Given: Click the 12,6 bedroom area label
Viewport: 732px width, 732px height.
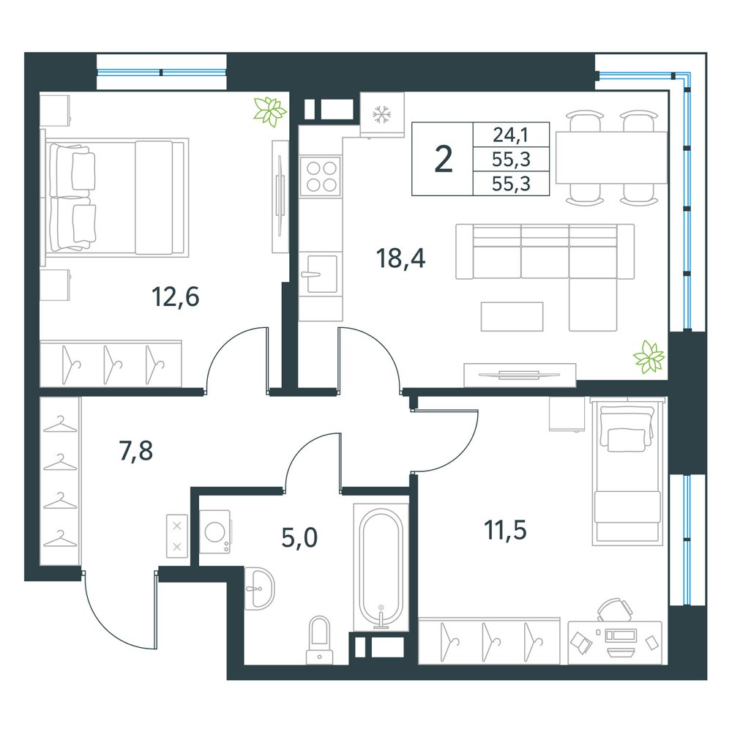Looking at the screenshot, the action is coord(176,297).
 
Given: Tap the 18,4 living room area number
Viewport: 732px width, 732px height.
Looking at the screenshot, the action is coord(400,258).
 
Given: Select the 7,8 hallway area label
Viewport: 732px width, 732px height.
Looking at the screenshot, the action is coord(136,451).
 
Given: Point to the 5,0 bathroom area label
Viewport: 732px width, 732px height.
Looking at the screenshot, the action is coord(299,537).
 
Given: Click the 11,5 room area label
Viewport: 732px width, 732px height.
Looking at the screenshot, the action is coord(506,530).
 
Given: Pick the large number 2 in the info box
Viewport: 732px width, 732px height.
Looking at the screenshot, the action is coord(443,159).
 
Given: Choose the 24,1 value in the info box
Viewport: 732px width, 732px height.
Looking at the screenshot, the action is coord(511,135).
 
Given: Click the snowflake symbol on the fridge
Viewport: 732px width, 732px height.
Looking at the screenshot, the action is coord(382,114).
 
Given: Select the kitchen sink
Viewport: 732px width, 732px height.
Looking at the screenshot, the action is coord(321,274).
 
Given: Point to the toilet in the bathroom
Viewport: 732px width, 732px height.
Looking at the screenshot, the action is coord(319,640).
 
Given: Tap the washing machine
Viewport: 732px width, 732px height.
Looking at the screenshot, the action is coord(215,532).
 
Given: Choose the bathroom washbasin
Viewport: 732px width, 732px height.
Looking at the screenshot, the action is coord(259,589).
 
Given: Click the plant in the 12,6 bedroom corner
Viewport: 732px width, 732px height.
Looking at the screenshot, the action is coord(269,111).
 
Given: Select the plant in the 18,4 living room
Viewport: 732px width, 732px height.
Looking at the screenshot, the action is coord(649,357).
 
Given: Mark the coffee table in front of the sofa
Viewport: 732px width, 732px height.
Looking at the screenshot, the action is coord(512,316).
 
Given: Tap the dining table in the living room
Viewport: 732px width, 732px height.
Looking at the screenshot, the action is coord(611,158).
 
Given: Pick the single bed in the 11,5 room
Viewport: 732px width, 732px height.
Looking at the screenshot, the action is coord(627,471).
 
